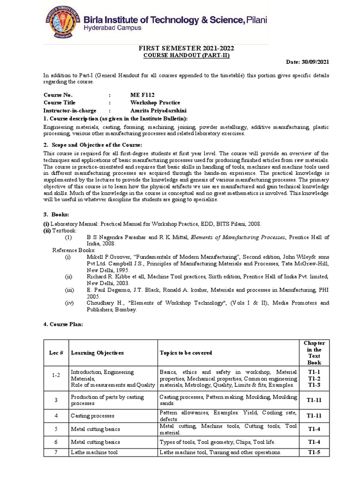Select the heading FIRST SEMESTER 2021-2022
point(186,48)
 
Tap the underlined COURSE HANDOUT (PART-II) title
point(187,55)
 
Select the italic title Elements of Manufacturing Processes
point(238,238)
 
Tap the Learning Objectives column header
point(97,352)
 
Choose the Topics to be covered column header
point(186,352)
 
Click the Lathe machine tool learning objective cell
point(95,452)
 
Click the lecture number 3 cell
point(56,400)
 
